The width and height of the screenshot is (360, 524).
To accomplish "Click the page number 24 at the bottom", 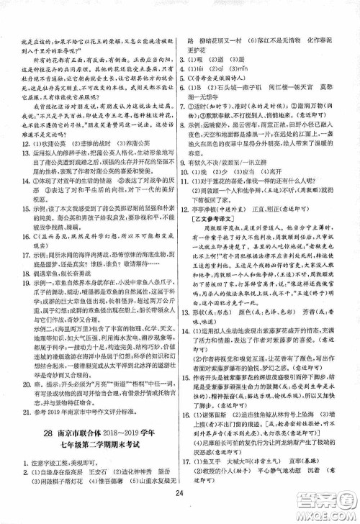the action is [x=180, y=511].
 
